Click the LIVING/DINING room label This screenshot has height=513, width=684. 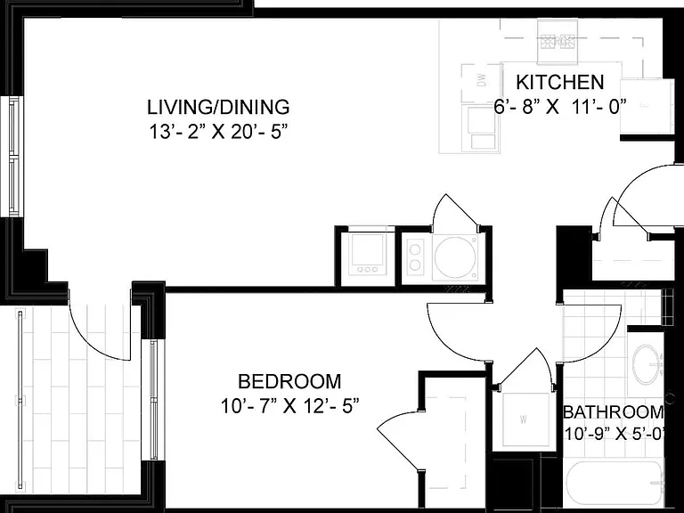coord(218,107)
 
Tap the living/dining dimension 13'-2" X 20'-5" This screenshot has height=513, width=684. coord(219,132)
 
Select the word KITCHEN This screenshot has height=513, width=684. coord(560,82)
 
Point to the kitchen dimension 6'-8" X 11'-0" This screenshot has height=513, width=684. coord(560,107)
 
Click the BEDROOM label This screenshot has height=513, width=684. coord(289,382)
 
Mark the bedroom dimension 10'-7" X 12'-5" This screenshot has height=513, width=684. coord(289,406)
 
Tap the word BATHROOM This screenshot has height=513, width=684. coord(614,411)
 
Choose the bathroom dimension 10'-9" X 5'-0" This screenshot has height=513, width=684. coord(615,434)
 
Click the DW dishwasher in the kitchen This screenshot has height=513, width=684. coord(481,82)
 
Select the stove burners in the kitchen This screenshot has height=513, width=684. coord(558,42)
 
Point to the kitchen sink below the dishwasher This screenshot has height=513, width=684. coord(480,128)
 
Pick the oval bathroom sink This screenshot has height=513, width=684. coord(647,364)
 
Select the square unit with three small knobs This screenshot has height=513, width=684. coord(367,255)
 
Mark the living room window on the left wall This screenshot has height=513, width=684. coord(12,156)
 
